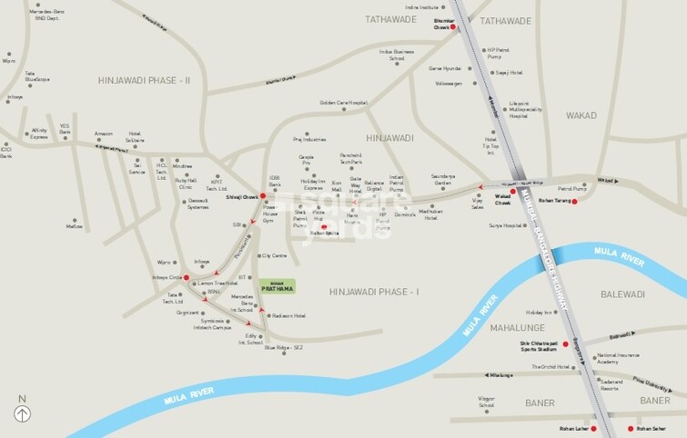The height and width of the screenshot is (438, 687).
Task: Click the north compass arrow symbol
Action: point(22,414)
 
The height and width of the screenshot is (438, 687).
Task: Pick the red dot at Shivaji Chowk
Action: point(263,195)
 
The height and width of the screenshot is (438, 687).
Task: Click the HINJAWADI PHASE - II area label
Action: point(145,81)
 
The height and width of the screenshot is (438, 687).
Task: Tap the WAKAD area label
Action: point(581,116)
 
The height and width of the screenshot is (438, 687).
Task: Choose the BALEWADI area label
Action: point(622,294)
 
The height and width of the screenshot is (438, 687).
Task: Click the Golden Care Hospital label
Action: point(343,103)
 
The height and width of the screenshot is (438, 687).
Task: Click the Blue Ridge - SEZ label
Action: point(282,347)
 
